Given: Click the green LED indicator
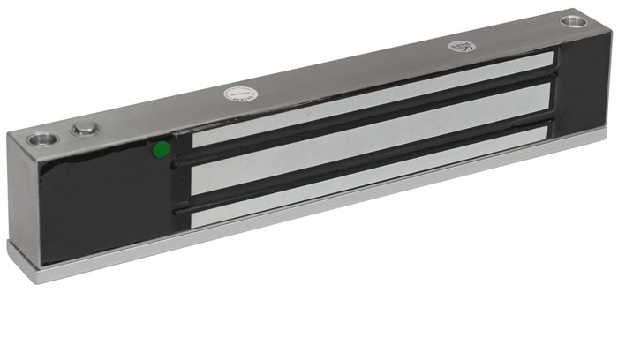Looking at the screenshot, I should pos(162,150).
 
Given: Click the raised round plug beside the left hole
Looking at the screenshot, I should pos(85,129).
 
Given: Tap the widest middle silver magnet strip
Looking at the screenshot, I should pos(371,139).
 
